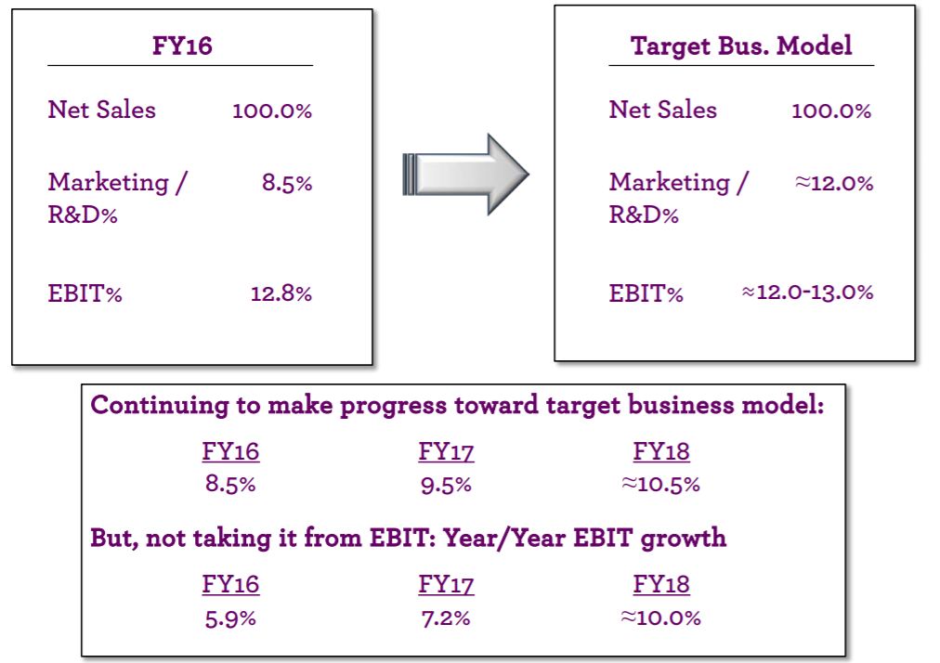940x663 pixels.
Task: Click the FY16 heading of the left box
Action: pos(182,45)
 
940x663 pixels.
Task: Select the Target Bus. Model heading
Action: pos(741,46)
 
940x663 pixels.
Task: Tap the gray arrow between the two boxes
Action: pos(465,174)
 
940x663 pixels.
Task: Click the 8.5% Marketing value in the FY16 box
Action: pos(287,183)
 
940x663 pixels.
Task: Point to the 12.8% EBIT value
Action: pos(281,293)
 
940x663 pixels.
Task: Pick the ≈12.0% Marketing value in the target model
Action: pos(834,183)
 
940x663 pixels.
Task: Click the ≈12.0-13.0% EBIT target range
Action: pos(807,292)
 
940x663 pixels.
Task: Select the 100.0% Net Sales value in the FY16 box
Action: pos(272,110)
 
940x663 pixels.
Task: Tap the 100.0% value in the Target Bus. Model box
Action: pos(831,110)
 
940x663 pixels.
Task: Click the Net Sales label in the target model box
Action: pos(662,110)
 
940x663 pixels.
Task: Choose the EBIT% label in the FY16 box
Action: pos(85,293)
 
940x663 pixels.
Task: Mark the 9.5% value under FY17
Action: pos(446,485)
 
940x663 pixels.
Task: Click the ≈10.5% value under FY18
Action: pos(660,485)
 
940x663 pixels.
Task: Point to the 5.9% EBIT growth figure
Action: pos(230,618)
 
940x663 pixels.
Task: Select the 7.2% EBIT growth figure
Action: pos(446,618)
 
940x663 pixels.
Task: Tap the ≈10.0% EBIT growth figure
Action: pos(660,617)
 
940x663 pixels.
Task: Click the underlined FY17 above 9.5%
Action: pos(446,451)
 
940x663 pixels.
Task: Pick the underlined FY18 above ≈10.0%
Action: pos(661,584)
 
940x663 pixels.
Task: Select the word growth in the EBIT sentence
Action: pos(683,539)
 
